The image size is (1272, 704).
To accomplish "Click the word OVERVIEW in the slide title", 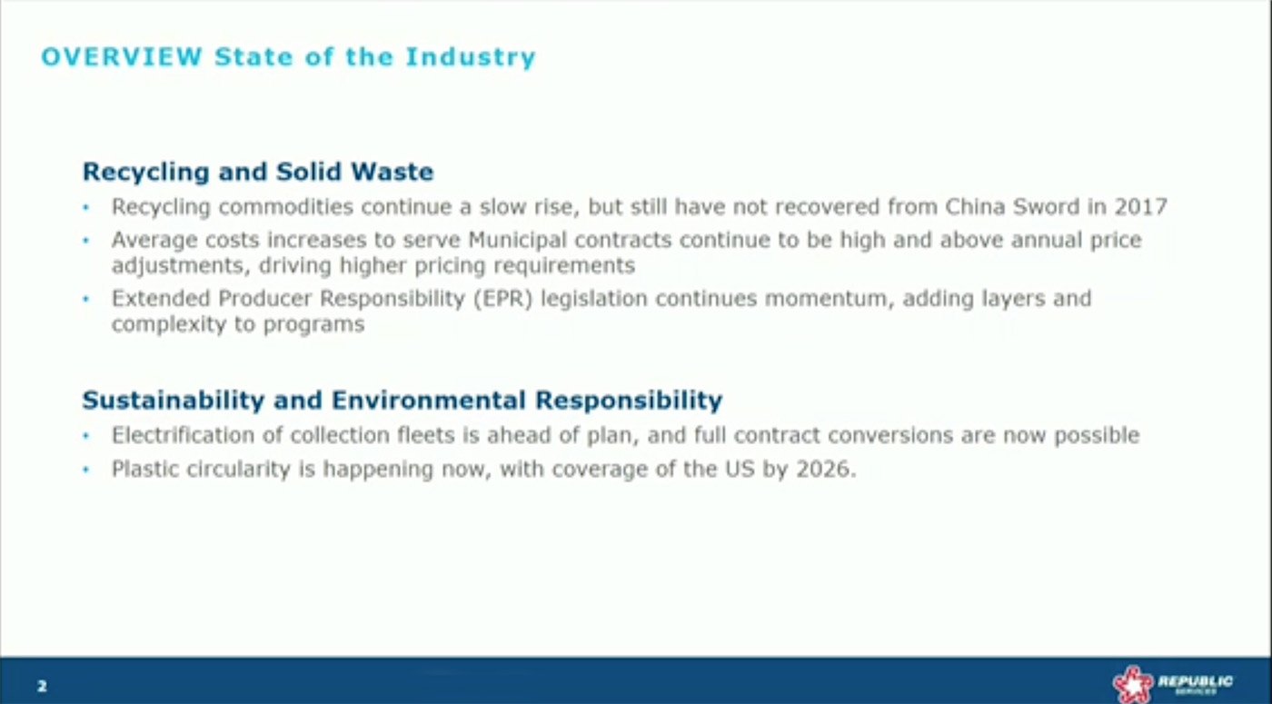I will click(122, 57).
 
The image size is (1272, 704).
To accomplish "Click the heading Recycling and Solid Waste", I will click(258, 172).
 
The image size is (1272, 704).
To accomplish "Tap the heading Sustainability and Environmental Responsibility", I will click(402, 400).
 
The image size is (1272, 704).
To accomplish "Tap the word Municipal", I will click(512, 241).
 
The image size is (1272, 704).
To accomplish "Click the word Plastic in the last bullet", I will click(142, 471).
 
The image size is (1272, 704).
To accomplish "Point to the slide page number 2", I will click(42, 686).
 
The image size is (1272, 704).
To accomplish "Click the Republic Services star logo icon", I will click(1132, 683).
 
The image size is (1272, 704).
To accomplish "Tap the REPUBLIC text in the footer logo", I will click(1196, 679).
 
